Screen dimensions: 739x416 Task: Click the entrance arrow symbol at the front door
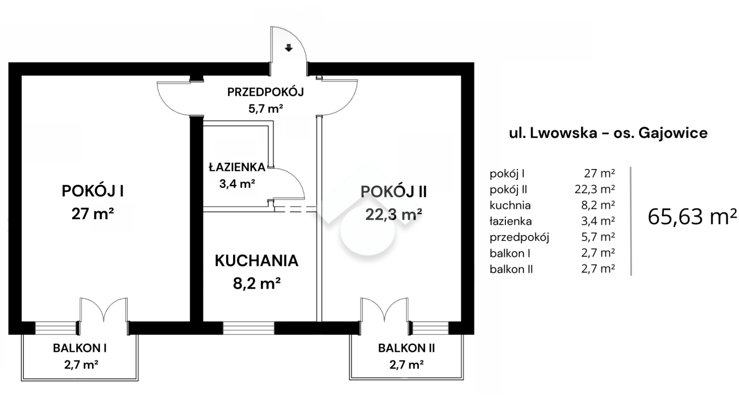pyautogui.click(x=289, y=48)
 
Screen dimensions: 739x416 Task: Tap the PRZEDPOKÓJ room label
pyautogui.click(x=265, y=92)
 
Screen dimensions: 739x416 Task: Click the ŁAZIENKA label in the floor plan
pyautogui.click(x=237, y=167)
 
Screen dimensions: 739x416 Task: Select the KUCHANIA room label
pyautogui.click(x=256, y=261)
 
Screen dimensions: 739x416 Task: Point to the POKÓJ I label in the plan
pyautogui.click(x=93, y=191)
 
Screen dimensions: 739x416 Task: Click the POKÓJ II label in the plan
pyautogui.click(x=393, y=191)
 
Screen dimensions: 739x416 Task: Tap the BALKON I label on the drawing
pyautogui.click(x=80, y=348)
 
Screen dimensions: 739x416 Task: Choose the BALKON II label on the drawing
pyautogui.click(x=406, y=348)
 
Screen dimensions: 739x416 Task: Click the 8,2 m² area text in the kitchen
pyautogui.click(x=257, y=283)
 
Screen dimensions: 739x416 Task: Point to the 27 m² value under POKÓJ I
pyautogui.click(x=93, y=213)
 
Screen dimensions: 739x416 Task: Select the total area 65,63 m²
pyautogui.click(x=692, y=217)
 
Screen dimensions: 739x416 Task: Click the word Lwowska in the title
pyautogui.click(x=564, y=133)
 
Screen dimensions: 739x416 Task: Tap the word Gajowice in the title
pyautogui.click(x=673, y=133)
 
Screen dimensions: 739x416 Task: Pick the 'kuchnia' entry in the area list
pyautogui.click(x=510, y=205)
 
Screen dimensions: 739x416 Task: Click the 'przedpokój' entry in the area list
pyautogui.click(x=519, y=237)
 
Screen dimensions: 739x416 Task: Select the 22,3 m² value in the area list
pyautogui.click(x=595, y=189)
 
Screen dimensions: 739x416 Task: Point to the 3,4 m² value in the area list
pyautogui.click(x=598, y=221)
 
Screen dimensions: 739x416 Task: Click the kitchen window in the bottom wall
pyautogui.click(x=248, y=328)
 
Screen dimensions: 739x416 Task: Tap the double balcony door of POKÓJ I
pyautogui.click(x=103, y=310)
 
